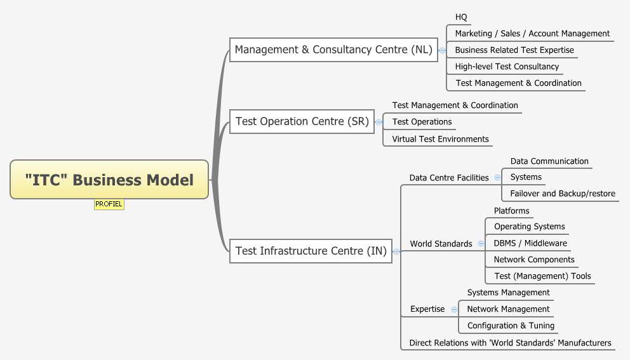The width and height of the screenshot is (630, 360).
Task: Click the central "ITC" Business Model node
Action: (109, 180)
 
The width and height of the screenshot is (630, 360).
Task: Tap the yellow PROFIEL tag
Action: (109, 204)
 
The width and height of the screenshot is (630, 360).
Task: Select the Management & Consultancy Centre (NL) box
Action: (333, 50)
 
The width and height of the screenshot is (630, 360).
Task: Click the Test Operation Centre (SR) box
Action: (302, 121)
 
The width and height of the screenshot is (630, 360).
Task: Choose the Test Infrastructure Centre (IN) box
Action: (311, 251)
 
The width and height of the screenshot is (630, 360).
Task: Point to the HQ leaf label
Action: (461, 17)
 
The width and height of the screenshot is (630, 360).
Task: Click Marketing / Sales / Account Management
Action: (532, 34)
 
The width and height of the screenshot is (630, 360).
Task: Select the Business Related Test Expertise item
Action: (514, 50)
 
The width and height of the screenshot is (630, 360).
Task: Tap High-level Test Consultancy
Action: (507, 67)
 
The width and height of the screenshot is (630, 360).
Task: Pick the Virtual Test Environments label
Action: (440, 139)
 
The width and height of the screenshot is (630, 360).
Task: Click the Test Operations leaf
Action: (422, 122)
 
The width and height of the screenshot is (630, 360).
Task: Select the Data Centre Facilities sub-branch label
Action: (449, 178)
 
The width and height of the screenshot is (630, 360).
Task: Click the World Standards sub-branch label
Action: (441, 244)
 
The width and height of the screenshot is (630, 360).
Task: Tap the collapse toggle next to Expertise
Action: (454, 309)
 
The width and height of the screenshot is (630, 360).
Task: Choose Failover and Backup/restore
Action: (563, 194)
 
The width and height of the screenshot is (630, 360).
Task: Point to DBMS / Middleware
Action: (530, 243)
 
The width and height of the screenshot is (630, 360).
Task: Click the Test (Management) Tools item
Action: (542, 276)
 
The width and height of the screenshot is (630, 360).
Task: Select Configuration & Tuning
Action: (511, 326)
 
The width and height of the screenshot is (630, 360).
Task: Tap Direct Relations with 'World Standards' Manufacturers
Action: (510, 343)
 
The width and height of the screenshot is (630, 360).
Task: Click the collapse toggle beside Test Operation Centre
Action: (379, 122)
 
